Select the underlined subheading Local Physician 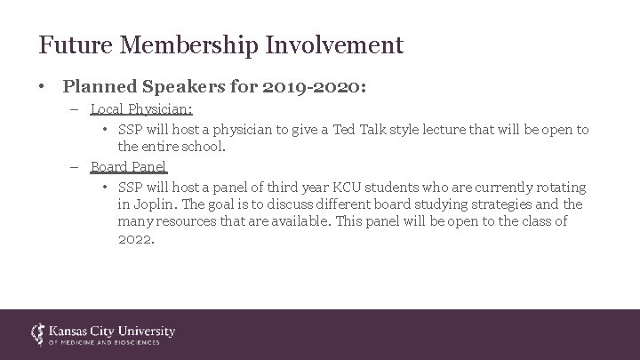141,109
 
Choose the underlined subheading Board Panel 128,166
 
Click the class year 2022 136,237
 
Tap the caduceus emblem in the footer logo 38,333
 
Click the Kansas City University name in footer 112,330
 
